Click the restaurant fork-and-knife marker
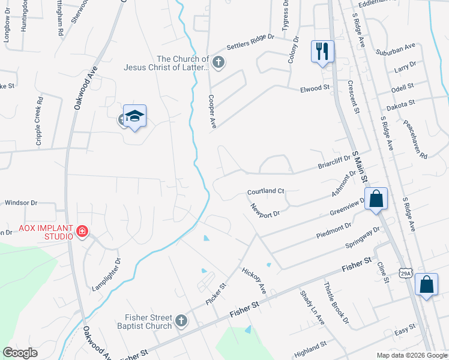(322, 52)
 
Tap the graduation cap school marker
(134, 117)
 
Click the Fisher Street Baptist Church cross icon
(181, 321)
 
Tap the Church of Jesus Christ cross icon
(218, 61)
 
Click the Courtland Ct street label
(265, 191)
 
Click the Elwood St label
(315, 89)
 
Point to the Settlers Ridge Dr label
(250, 42)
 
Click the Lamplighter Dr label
(106, 274)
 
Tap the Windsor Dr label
(21, 203)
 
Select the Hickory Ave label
(253, 280)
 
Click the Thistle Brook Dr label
(336, 303)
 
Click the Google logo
(20, 353)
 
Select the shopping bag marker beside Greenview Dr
(376, 200)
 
